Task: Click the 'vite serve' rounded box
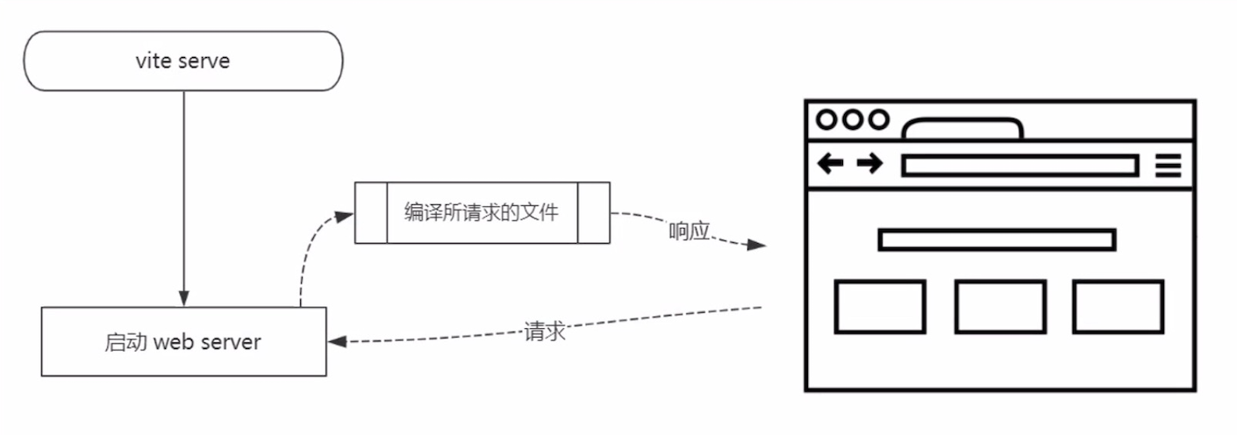click(182, 61)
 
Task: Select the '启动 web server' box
click(183, 341)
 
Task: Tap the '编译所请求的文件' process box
click(482, 212)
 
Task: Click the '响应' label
click(689, 232)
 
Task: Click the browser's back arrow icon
click(830, 164)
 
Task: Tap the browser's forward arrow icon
click(869, 164)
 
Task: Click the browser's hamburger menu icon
click(1168, 165)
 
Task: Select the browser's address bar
click(1019, 165)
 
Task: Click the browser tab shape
click(962, 130)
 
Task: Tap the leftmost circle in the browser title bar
click(827, 119)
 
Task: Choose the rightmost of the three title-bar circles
click(878, 119)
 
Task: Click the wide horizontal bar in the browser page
click(997, 239)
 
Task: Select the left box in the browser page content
click(880, 307)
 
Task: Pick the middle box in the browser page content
click(1000, 307)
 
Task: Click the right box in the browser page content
click(1119, 307)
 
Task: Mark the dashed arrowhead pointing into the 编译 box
click(347, 213)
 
